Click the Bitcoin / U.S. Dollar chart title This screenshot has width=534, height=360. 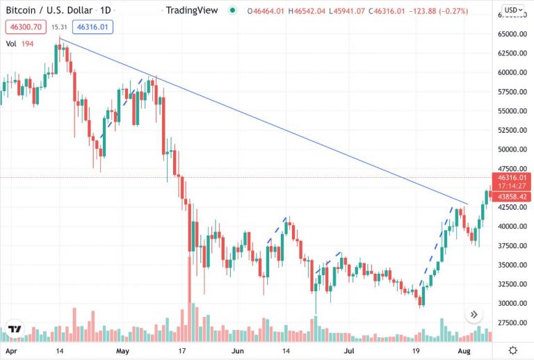point(48,10)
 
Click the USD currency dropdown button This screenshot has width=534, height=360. point(512,10)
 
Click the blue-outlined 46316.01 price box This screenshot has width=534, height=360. point(92,27)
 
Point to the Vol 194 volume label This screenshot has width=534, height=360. point(20,43)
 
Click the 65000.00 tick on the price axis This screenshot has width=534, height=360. point(513,34)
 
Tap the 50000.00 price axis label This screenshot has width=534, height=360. point(513,149)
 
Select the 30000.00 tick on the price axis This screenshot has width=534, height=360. point(513,304)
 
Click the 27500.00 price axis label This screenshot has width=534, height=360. point(513,323)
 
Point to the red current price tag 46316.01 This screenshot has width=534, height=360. point(512,178)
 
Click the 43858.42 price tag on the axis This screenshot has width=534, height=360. point(512,197)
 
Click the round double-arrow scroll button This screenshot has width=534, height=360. point(474,315)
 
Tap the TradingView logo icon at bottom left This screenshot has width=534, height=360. point(14,329)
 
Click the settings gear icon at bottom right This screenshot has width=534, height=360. point(512,350)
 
